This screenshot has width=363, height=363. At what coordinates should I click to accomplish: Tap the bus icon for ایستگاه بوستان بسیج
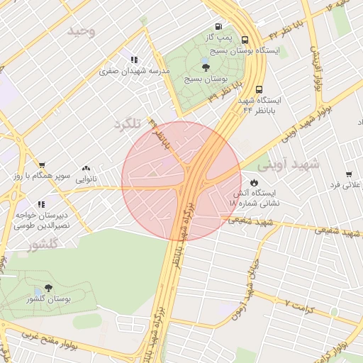(x=245, y=40)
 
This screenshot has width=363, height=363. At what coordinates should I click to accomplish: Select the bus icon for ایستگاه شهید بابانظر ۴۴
(x=259, y=90)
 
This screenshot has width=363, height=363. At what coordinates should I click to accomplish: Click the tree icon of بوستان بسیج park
(x=206, y=68)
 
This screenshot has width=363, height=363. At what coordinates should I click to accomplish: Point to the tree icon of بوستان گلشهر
(x=48, y=289)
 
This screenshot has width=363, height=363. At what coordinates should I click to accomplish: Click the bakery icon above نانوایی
(x=86, y=169)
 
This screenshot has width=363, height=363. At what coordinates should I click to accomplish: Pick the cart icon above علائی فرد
(x=349, y=174)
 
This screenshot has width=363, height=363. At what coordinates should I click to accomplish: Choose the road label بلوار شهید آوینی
(x=320, y=117)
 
